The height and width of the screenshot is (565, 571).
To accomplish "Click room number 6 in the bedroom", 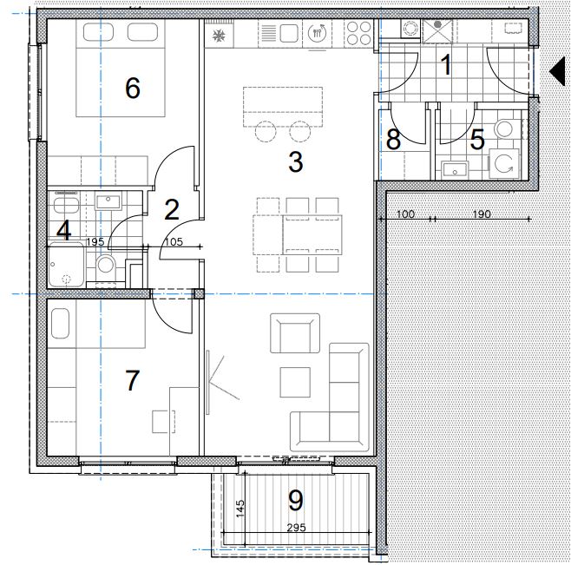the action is [133, 88].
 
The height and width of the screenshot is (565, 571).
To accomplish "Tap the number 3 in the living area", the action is [296, 161].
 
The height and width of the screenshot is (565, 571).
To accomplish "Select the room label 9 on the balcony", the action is [295, 500].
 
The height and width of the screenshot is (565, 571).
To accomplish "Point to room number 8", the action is [393, 139].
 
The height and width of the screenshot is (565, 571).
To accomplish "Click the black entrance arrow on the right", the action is [557, 71].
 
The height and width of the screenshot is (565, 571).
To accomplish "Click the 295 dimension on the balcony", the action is [297, 527].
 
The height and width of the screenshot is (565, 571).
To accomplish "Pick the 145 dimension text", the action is [240, 509].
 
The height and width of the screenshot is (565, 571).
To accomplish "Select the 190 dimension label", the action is [482, 214].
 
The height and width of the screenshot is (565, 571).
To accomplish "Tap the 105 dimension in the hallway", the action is [174, 241].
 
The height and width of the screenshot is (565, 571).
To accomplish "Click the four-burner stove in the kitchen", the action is [358, 34].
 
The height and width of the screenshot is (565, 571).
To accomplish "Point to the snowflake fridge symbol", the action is [220, 36].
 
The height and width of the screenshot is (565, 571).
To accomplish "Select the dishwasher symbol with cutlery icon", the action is [318, 34].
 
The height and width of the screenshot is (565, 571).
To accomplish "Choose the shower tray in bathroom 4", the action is [66, 265].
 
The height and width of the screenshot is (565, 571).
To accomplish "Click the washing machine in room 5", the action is [503, 163].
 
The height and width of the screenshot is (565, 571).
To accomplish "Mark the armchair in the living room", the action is [295, 333].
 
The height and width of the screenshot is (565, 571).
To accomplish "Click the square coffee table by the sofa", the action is [295, 382].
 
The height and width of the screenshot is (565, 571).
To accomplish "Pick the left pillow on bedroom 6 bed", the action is [98, 32].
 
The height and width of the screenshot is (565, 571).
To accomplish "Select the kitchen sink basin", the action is [289, 34].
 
